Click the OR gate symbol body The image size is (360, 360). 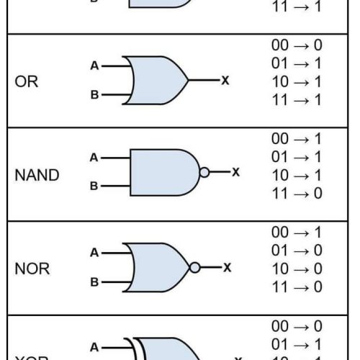[153, 79]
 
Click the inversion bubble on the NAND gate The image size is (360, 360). [204, 173]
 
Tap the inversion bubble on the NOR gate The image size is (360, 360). [194, 267]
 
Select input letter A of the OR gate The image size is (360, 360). [94, 66]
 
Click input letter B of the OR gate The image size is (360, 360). [94, 94]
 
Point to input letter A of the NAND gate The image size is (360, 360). [94, 158]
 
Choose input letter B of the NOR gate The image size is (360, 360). [94, 282]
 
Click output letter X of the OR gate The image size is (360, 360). [225, 80]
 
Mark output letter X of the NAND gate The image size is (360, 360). [235, 173]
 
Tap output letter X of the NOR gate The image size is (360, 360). [227, 267]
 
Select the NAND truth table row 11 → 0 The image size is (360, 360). [297, 193]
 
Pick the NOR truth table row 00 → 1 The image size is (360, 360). [297, 232]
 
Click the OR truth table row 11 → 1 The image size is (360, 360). [297, 100]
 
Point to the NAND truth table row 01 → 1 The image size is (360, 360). [297, 156]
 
